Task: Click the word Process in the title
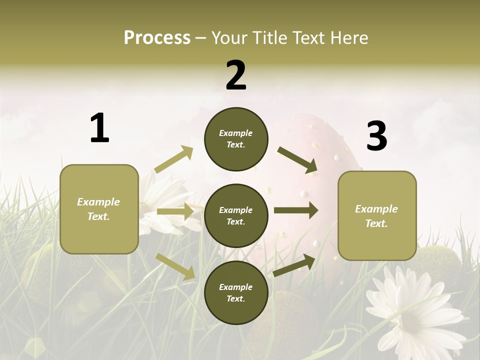[157, 37]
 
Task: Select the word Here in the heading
[349, 37]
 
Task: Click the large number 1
[99, 128]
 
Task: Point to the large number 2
[236, 75]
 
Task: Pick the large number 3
[376, 136]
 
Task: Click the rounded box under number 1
[99, 209]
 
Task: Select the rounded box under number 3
[377, 216]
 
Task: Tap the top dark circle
[236, 139]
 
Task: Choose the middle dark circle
[236, 216]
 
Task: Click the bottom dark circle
[236, 292]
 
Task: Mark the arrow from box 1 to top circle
[174, 159]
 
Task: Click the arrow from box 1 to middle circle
[174, 212]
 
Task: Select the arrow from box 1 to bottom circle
[175, 266]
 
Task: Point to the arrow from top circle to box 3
[297, 160]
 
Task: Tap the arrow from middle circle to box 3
[295, 210]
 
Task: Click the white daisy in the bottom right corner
[410, 310]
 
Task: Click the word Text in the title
[309, 37]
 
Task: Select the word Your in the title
[229, 37]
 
